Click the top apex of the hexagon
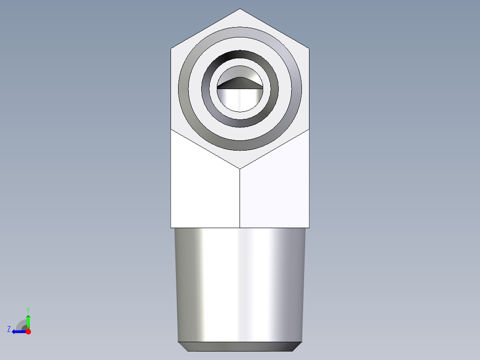coord(240,9)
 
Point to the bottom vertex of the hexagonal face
coord(240,169)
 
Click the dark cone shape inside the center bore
coord(240,83)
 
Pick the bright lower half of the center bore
coord(240,100)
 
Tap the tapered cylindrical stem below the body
coord(240,285)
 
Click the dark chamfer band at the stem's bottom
coord(240,347)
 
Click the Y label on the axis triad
coord(28,309)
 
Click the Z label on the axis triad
coord(9,329)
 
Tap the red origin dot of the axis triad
coord(28,331)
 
